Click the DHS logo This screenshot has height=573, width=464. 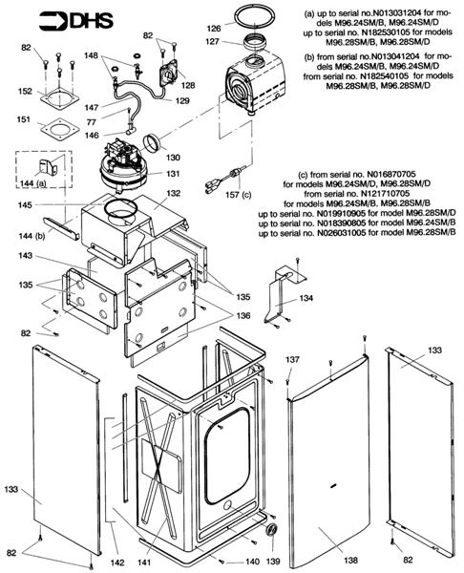click(76, 21)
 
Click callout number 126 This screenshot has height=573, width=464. click(214, 28)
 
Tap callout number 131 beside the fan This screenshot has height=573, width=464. click(173, 174)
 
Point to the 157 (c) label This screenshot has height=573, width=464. click(239, 195)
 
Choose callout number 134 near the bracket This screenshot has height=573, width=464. click(306, 298)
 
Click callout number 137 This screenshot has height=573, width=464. click(292, 360)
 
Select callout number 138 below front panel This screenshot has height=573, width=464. click(350, 560)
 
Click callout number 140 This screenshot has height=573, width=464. click(252, 562)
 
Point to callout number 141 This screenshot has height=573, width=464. click(144, 562)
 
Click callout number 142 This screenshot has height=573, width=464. click(117, 562)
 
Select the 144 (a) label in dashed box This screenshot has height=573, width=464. click(33, 183)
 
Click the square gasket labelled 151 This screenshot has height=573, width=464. click(58, 129)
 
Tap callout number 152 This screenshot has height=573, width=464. click(25, 92)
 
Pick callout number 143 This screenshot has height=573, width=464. click(26, 255)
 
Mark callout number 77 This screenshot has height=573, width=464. click(92, 121)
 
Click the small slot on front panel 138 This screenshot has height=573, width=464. click(333, 486)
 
